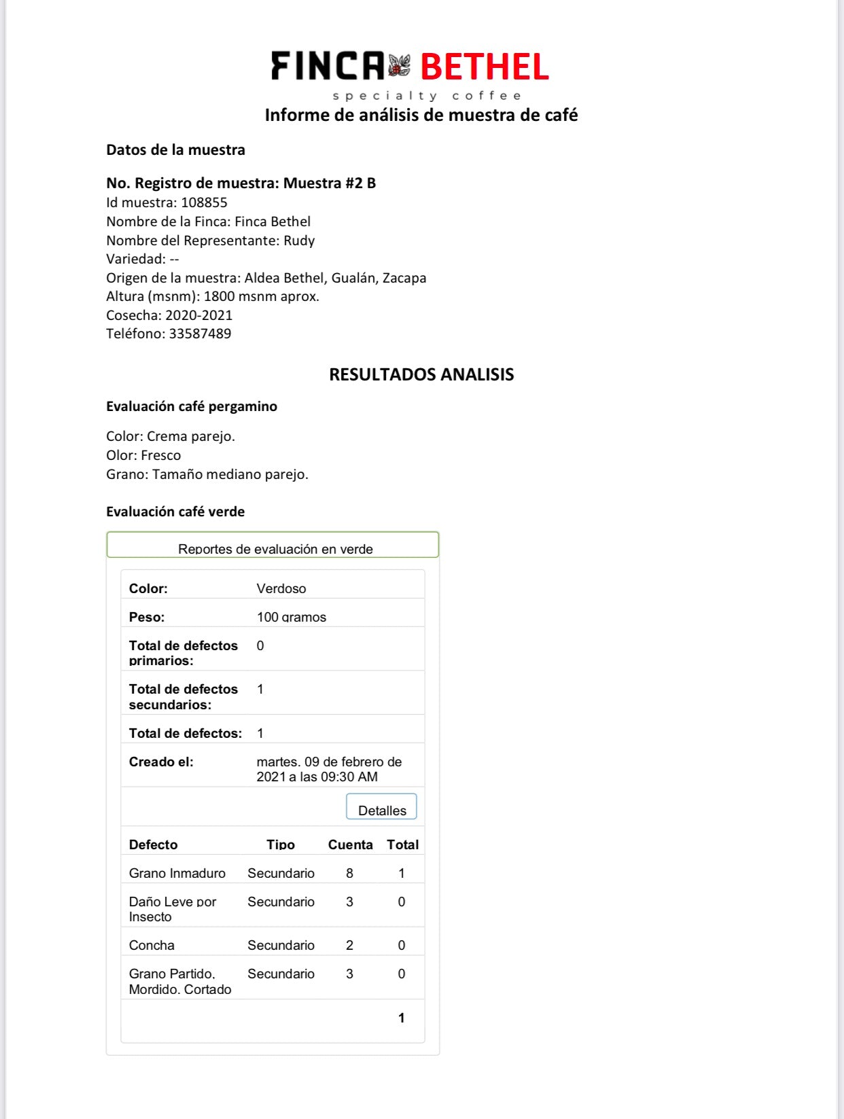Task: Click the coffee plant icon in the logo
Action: point(400,66)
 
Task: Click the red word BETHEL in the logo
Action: point(484,67)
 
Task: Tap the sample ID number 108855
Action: point(204,202)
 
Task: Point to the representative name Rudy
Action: point(299,241)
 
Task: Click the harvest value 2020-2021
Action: point(199,315)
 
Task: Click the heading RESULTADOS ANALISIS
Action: point(421,374)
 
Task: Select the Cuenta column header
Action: point(350,845)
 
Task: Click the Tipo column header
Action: point(281,845)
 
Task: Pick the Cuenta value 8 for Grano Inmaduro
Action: point(349,873)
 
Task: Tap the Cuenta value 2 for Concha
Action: point(349,945)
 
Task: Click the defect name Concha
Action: point(152,945)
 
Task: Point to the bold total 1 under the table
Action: point(402,1018)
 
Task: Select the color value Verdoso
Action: point(281,588)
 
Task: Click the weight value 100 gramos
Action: point(292,617)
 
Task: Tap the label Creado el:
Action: point(161,762)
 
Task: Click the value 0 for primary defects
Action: point(260,645)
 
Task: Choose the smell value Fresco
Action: point(161,455)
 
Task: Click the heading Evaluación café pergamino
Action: point(192,406)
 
